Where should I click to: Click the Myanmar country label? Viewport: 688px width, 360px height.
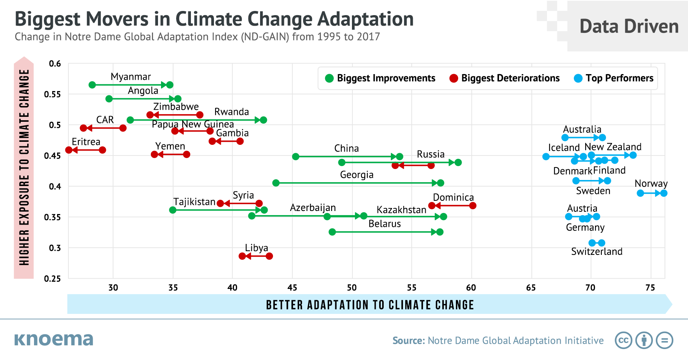pos(131,77)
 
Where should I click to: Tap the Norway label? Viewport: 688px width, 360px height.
pos(651,183)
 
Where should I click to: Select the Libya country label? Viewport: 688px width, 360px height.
pos(256,248)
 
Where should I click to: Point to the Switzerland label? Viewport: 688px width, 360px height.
pos(597,251)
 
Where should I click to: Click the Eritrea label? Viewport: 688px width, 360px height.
pos(86,142)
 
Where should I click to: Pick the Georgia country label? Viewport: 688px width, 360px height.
pos(356,175)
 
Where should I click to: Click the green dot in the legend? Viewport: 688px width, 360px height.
pos(329,78)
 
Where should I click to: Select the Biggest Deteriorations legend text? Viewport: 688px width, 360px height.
pos(510,78)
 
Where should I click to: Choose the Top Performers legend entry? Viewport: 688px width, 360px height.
pos(619,78)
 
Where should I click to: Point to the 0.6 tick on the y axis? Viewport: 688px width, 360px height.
pos(55,64)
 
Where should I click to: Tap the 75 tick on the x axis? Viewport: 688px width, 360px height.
pos(650,288)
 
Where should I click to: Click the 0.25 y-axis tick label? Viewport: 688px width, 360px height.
pos(52,279)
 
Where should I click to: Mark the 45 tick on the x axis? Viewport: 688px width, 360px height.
pos(292,288)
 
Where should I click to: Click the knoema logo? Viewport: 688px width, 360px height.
pos(54,339)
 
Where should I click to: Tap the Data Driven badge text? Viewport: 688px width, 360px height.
pos(629,26)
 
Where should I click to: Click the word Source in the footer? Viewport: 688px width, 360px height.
pos(409,341)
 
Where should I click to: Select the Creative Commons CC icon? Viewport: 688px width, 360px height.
pos(623,340)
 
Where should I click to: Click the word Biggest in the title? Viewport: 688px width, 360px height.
pos(48,19)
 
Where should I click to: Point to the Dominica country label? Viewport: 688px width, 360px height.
pos(453,197)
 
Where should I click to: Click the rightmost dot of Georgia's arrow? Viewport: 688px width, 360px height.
pos(440,183)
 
